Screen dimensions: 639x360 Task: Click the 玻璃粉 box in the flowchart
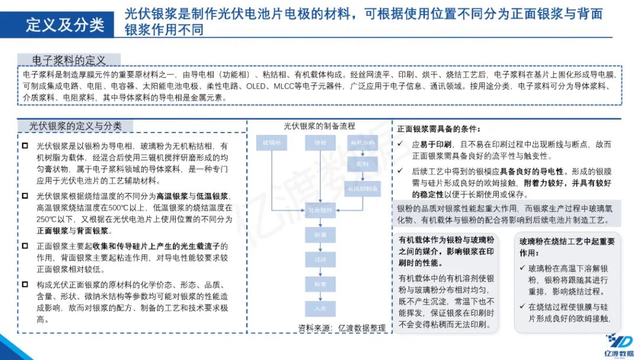point(272,143)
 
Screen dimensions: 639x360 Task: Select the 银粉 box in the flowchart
point(320,143)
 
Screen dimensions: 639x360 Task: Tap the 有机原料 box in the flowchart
point(363,143)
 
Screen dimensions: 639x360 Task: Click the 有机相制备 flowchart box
point(363,188)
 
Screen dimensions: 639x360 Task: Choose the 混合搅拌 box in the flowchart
point(320,209)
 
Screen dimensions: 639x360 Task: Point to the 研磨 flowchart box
point(320,235)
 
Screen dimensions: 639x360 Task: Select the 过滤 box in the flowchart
point(320,259)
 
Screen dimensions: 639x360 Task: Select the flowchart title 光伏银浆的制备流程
point(319,126)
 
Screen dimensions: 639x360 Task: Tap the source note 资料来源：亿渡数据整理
point(341,327)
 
